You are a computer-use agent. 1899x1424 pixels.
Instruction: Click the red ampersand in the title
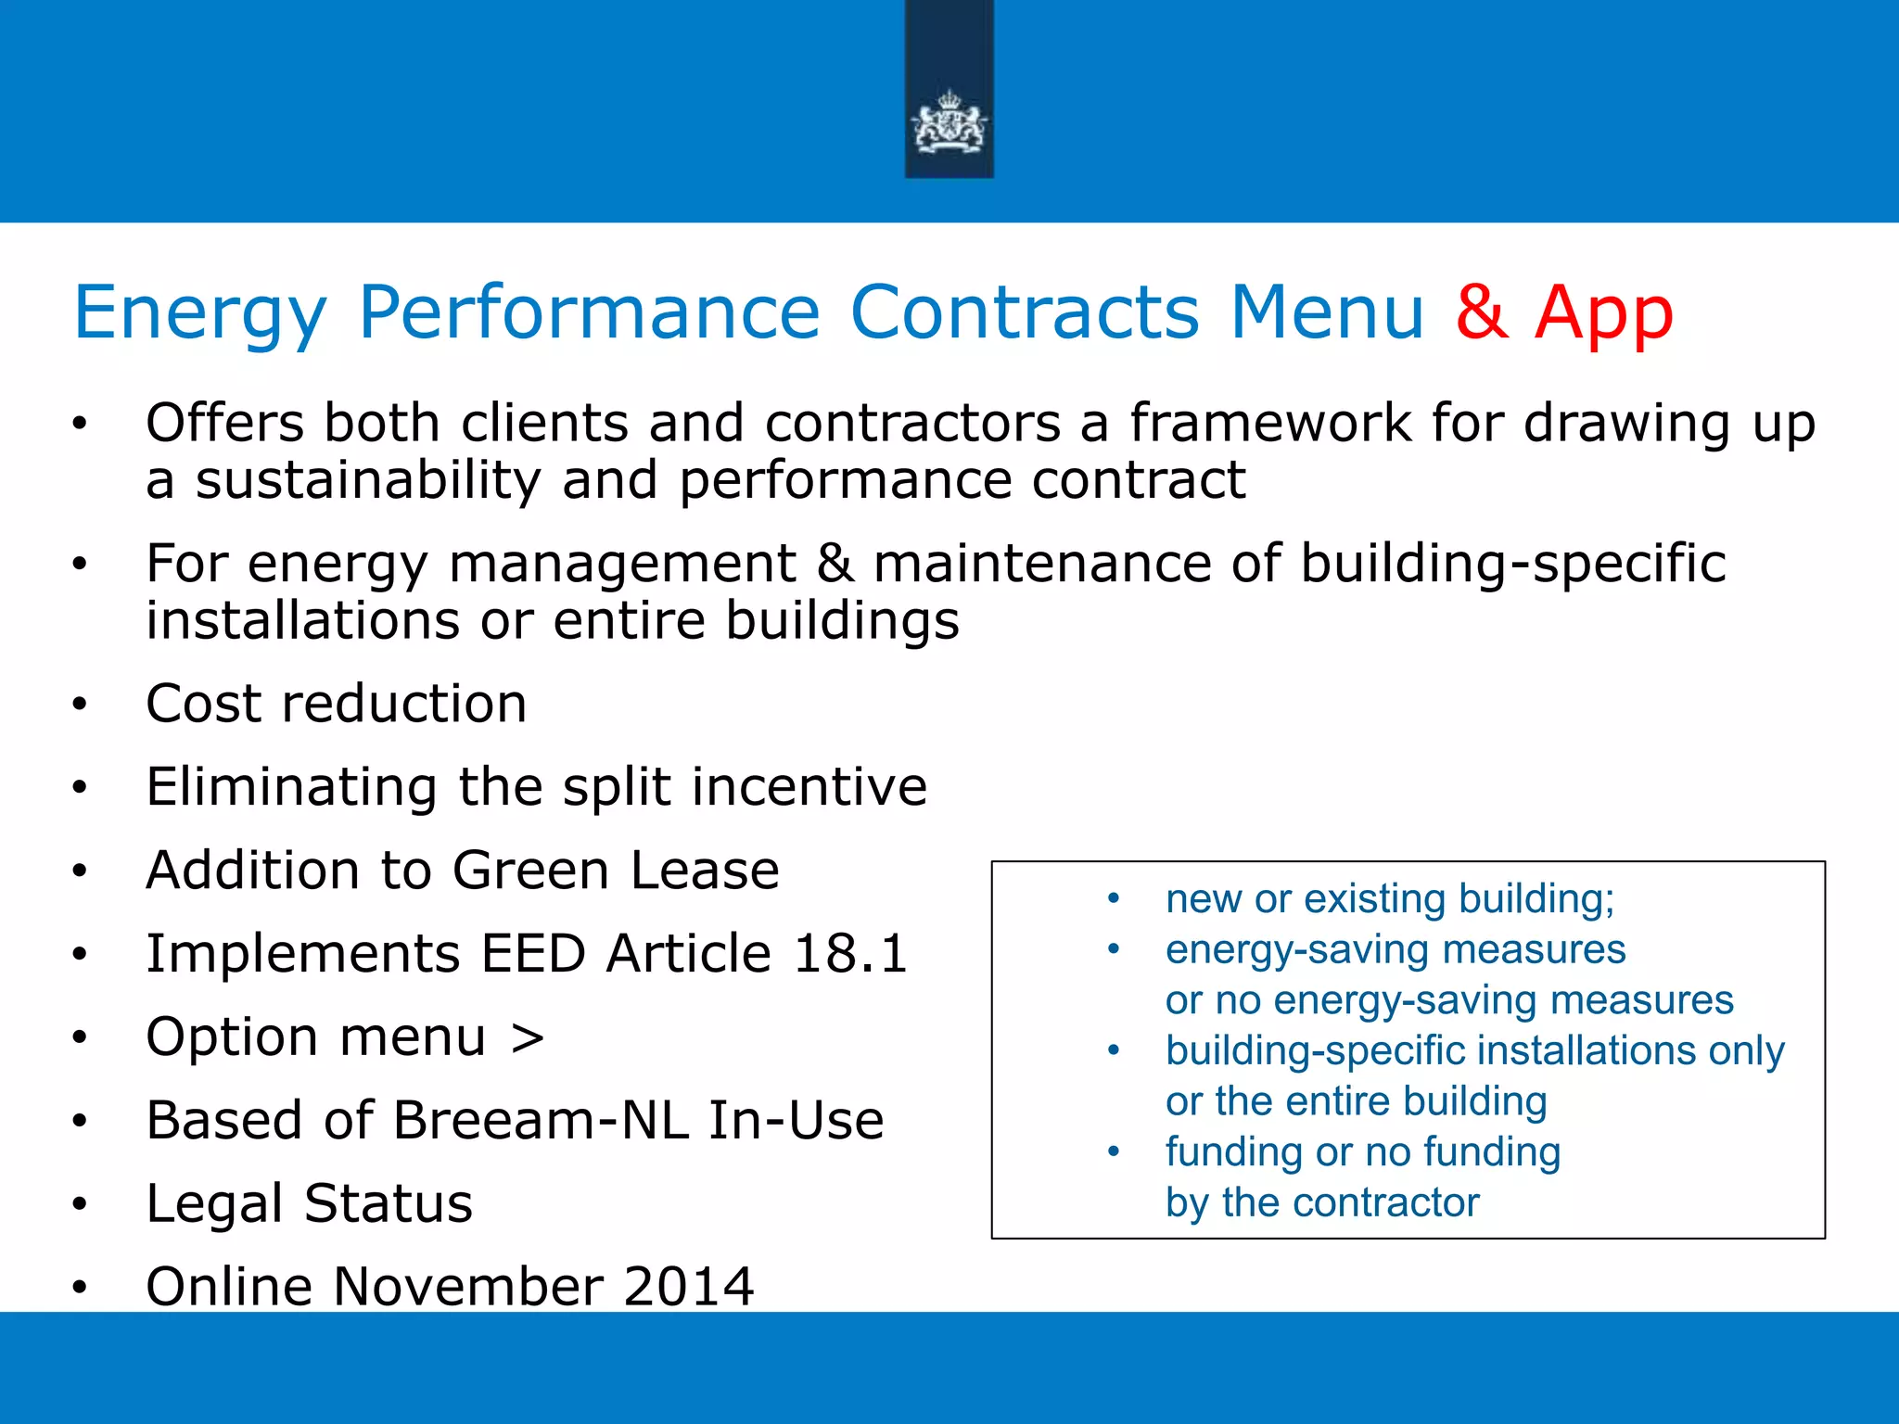[1482, 313]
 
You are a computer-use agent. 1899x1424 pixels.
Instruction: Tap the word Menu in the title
[1326, 313]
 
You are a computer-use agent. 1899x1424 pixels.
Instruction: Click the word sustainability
[367, 481]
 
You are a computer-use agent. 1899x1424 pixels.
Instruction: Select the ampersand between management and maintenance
[835, 564]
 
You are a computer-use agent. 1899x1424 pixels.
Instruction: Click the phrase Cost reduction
[337, 704]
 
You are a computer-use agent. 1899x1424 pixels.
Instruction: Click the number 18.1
[850, 954]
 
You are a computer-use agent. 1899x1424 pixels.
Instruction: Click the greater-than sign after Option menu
[527, 1037]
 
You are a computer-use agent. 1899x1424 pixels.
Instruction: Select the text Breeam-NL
[541, 1121]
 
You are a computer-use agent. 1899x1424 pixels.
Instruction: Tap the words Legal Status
[309, 1204]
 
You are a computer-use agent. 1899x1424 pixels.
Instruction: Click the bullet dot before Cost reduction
[80, 705]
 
